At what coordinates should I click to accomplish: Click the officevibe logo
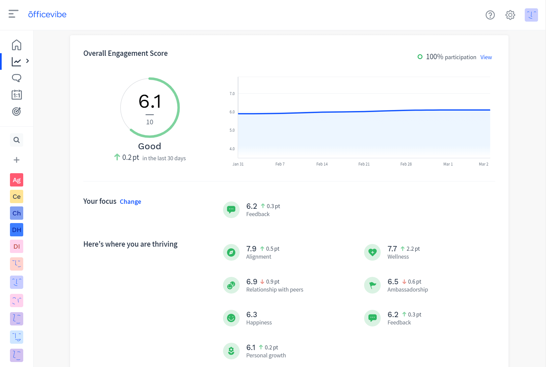click(x=47, y=14)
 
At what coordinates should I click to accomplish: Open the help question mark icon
click(x=490, y=15)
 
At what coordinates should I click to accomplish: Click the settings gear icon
click(x=510, y=15)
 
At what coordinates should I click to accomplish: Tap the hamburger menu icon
click(x=13, y=14)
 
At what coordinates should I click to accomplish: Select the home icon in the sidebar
click(x=17, y=45)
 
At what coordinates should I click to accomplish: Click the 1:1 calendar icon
click(x=17, y=95)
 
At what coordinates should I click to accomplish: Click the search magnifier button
click(x=17, y=140)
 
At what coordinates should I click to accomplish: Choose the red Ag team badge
click(x=17, y=180)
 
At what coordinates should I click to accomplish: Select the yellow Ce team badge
click(x=17, y=196)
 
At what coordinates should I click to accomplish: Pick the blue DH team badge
click(x=17, y=230)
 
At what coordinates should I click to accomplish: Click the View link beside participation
click(x=486, y=57)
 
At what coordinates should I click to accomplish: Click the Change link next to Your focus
click(x=130, y=202)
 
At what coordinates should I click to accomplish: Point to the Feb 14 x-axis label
click(x=322, y=164)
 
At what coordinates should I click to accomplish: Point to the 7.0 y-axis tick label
click(x=232, y=94)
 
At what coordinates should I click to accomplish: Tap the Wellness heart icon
click(x=372, y=252)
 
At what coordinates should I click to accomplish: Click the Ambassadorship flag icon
click(x=372, y=285)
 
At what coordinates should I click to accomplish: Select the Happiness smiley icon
click(x=231, y=318)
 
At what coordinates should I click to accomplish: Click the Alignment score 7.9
click(x=251, y=249)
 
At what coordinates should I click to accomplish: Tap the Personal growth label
click(x=266, y=355)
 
